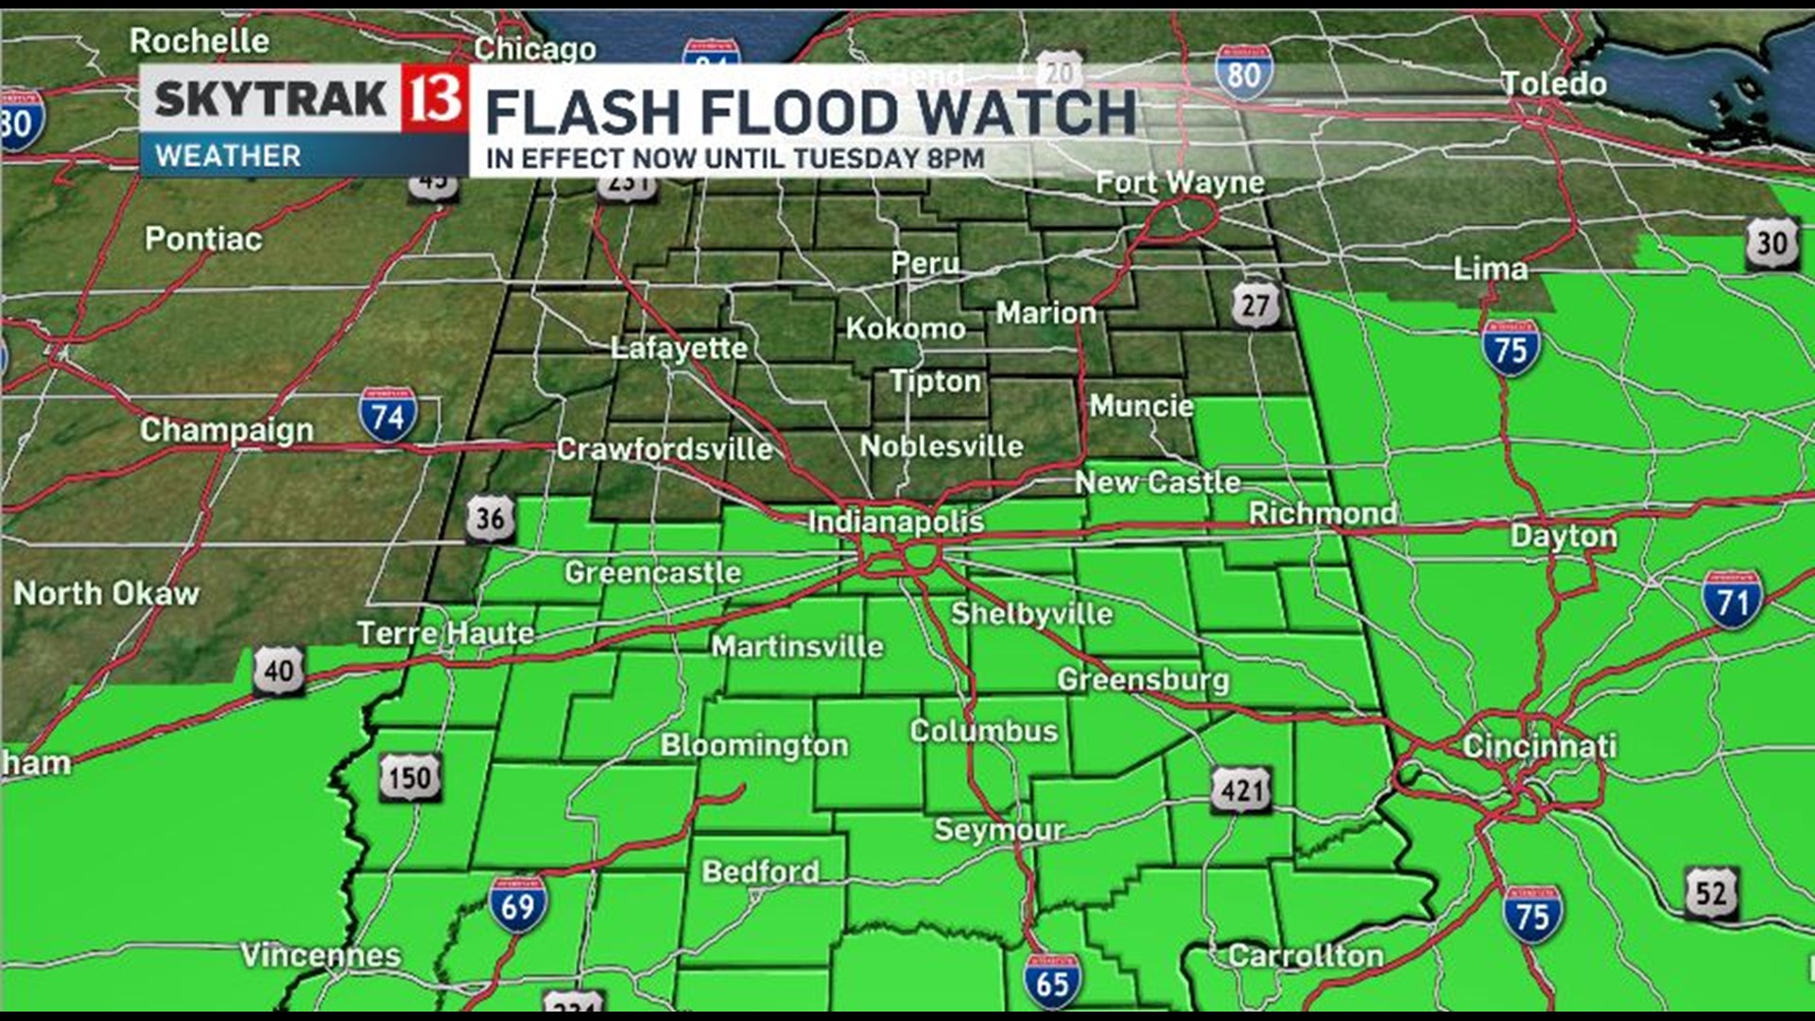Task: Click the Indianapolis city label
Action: [895, 521]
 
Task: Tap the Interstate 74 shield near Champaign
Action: [388, 416]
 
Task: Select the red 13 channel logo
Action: [435, 98]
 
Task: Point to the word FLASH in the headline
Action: [582, 113]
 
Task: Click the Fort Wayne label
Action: [1179, 182]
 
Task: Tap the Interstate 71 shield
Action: [1732, 599]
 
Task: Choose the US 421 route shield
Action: [1241, 788]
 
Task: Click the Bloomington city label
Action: [754, 745]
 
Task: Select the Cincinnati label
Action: [1539, 746]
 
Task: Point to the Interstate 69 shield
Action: [517, 905]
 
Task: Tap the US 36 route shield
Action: [491, 518]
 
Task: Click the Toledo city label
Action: [1554, 83]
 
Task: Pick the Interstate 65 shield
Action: [1051, 981]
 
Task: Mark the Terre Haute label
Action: [445, 632]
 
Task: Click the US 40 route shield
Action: [278, 670]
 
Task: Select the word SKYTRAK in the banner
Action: [270, 98]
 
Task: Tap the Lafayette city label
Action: [679, 348]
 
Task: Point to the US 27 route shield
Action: [1254, 304]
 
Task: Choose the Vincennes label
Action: [320, 955]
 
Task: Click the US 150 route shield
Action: [410, 777]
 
